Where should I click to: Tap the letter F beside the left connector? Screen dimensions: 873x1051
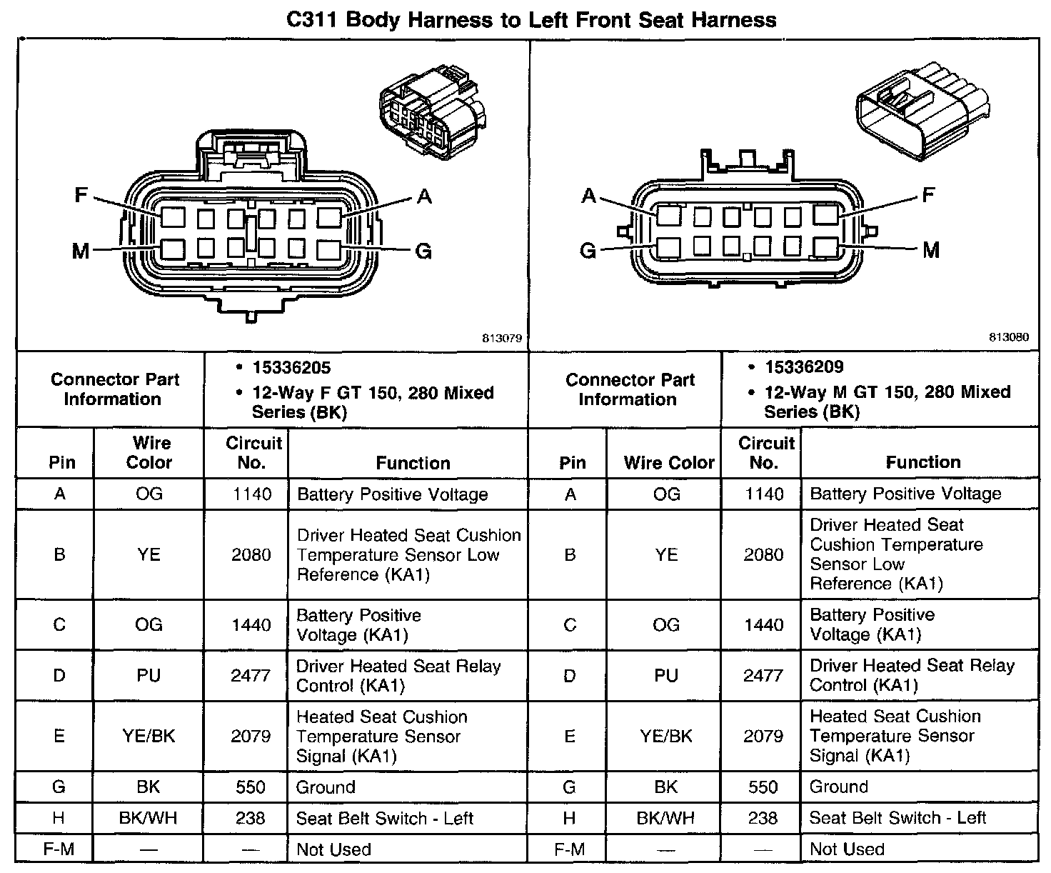pos(81,194)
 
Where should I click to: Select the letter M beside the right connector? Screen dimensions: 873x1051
pos(931,250)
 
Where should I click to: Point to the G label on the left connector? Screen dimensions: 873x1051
pos(423,251)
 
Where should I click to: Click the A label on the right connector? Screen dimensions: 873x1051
pos(589,195)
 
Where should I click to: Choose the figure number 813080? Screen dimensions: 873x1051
pos(1009,337)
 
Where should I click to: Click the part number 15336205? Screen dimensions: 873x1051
pos(291,368)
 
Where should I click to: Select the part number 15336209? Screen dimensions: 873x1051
pos(804,367)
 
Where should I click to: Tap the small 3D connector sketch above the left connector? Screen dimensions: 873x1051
pos(431,106)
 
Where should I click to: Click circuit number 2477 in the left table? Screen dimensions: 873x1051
pos(251,675)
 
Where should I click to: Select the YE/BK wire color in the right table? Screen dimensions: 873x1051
pos(665,736)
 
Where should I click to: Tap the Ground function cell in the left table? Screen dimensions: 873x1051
pos(326,787)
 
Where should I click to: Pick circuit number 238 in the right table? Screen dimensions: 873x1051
pos(763,818)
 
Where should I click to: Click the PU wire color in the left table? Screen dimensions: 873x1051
pos(149,675)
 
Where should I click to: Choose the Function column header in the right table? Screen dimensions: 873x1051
pos(922,462)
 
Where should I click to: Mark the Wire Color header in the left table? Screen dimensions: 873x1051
pos(149,453)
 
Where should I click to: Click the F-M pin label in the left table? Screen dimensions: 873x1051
pos(59,849)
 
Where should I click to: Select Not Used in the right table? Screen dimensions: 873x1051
pos(847,849)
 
